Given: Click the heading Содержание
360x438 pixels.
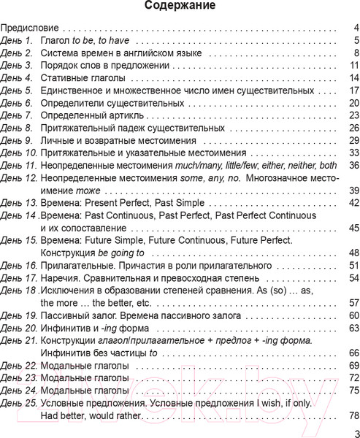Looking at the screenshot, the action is click(x=180, y=8).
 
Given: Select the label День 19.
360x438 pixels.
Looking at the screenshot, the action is click(x=21, y=316).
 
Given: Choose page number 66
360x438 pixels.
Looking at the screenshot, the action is click(x=353, y=353).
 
